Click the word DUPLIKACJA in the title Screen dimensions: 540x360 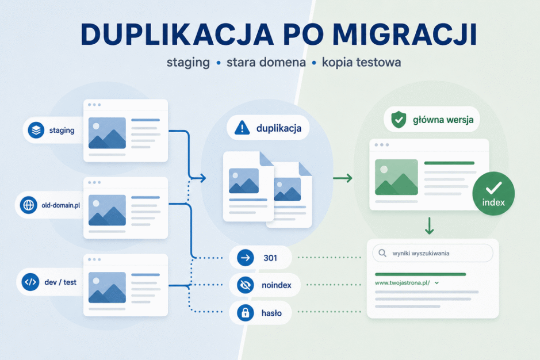coord(177,35)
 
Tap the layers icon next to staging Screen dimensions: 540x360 coord(36,130)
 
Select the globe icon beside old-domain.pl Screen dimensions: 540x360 coord(29,205)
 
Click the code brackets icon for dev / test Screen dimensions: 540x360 coord(30,282)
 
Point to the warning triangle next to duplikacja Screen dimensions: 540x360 coord(242,128)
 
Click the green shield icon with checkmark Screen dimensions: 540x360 coord(399,120)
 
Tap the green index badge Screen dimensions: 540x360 coord(493,194)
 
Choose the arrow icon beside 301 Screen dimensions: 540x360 coord(246,258)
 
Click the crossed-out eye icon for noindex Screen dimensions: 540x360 coord(246,285)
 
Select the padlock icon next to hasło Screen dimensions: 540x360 coord(246,313)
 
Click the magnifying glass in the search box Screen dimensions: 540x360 coord(382,253)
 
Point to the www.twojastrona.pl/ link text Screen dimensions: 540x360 coord(402,283)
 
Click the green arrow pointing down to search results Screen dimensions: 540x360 coord(429,225)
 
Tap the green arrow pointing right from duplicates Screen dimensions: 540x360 coord(343,178)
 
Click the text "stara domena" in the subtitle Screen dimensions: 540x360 coord(266,62)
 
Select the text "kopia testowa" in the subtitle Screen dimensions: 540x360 coord(361,62)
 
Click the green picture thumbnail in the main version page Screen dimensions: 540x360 coord(396,177)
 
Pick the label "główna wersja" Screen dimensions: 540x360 coord(443,120)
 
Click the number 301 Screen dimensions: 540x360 coord(270,258)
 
